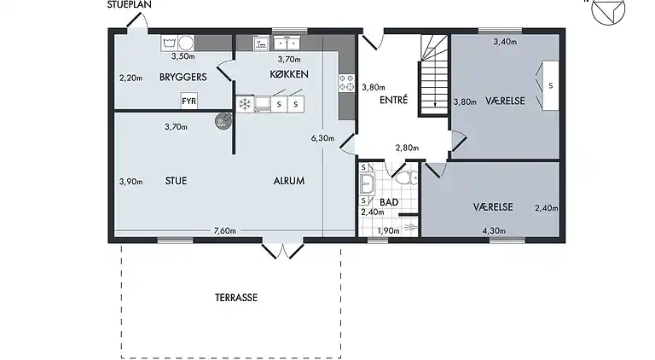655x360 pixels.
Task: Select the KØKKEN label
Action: click(288, 75)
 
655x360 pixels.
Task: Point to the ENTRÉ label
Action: click(394, 100)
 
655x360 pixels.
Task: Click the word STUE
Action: click(177, 181)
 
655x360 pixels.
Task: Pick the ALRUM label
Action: click(289, 181)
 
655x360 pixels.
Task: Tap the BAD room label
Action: click(389, 202)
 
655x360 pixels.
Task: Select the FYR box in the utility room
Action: click(189, 102)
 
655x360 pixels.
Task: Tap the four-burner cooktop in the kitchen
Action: click(347, 82)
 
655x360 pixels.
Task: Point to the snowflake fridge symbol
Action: click(245, 104)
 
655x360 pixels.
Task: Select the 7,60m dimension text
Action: click(224, 230)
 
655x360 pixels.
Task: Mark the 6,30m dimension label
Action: click(322, 137)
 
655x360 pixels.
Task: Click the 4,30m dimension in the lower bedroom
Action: click(494, 230)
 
